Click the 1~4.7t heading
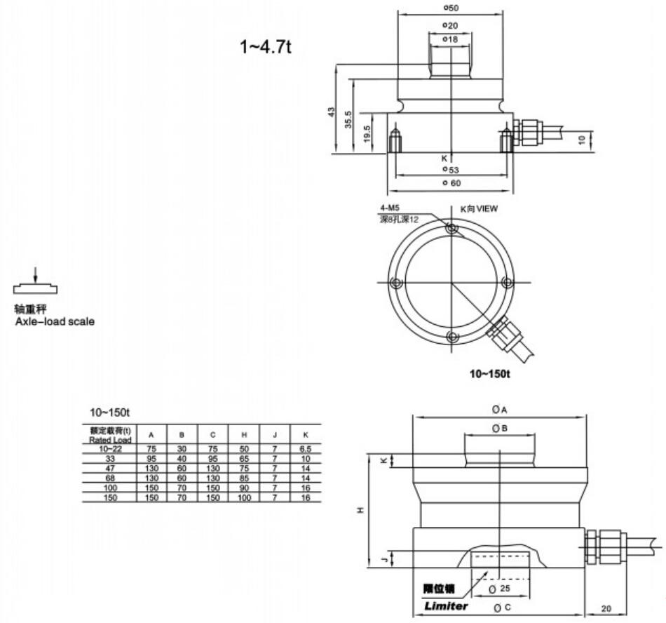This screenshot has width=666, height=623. coord(265,47)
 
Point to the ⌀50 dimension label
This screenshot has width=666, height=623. coord(450,8)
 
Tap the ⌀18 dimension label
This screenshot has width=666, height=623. coord(450,39)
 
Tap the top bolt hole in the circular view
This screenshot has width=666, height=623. coord(451,229)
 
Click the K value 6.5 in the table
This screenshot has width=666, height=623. coord(305,448)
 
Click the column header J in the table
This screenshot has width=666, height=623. coord(274,435)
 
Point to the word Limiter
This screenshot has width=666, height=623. coord(446,605)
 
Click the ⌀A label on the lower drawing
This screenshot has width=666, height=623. coord(499,408)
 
